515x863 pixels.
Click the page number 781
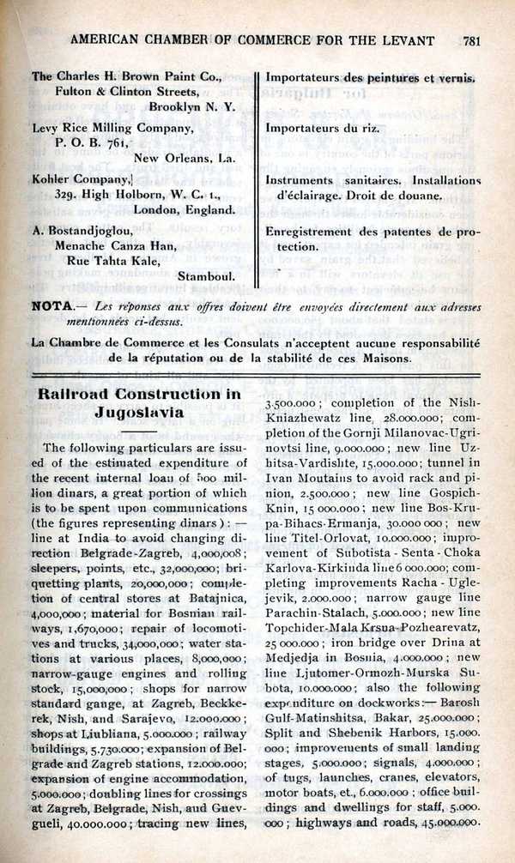(470, 39)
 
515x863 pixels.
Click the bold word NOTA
(51, 306)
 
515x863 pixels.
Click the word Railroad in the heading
(76, 394)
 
